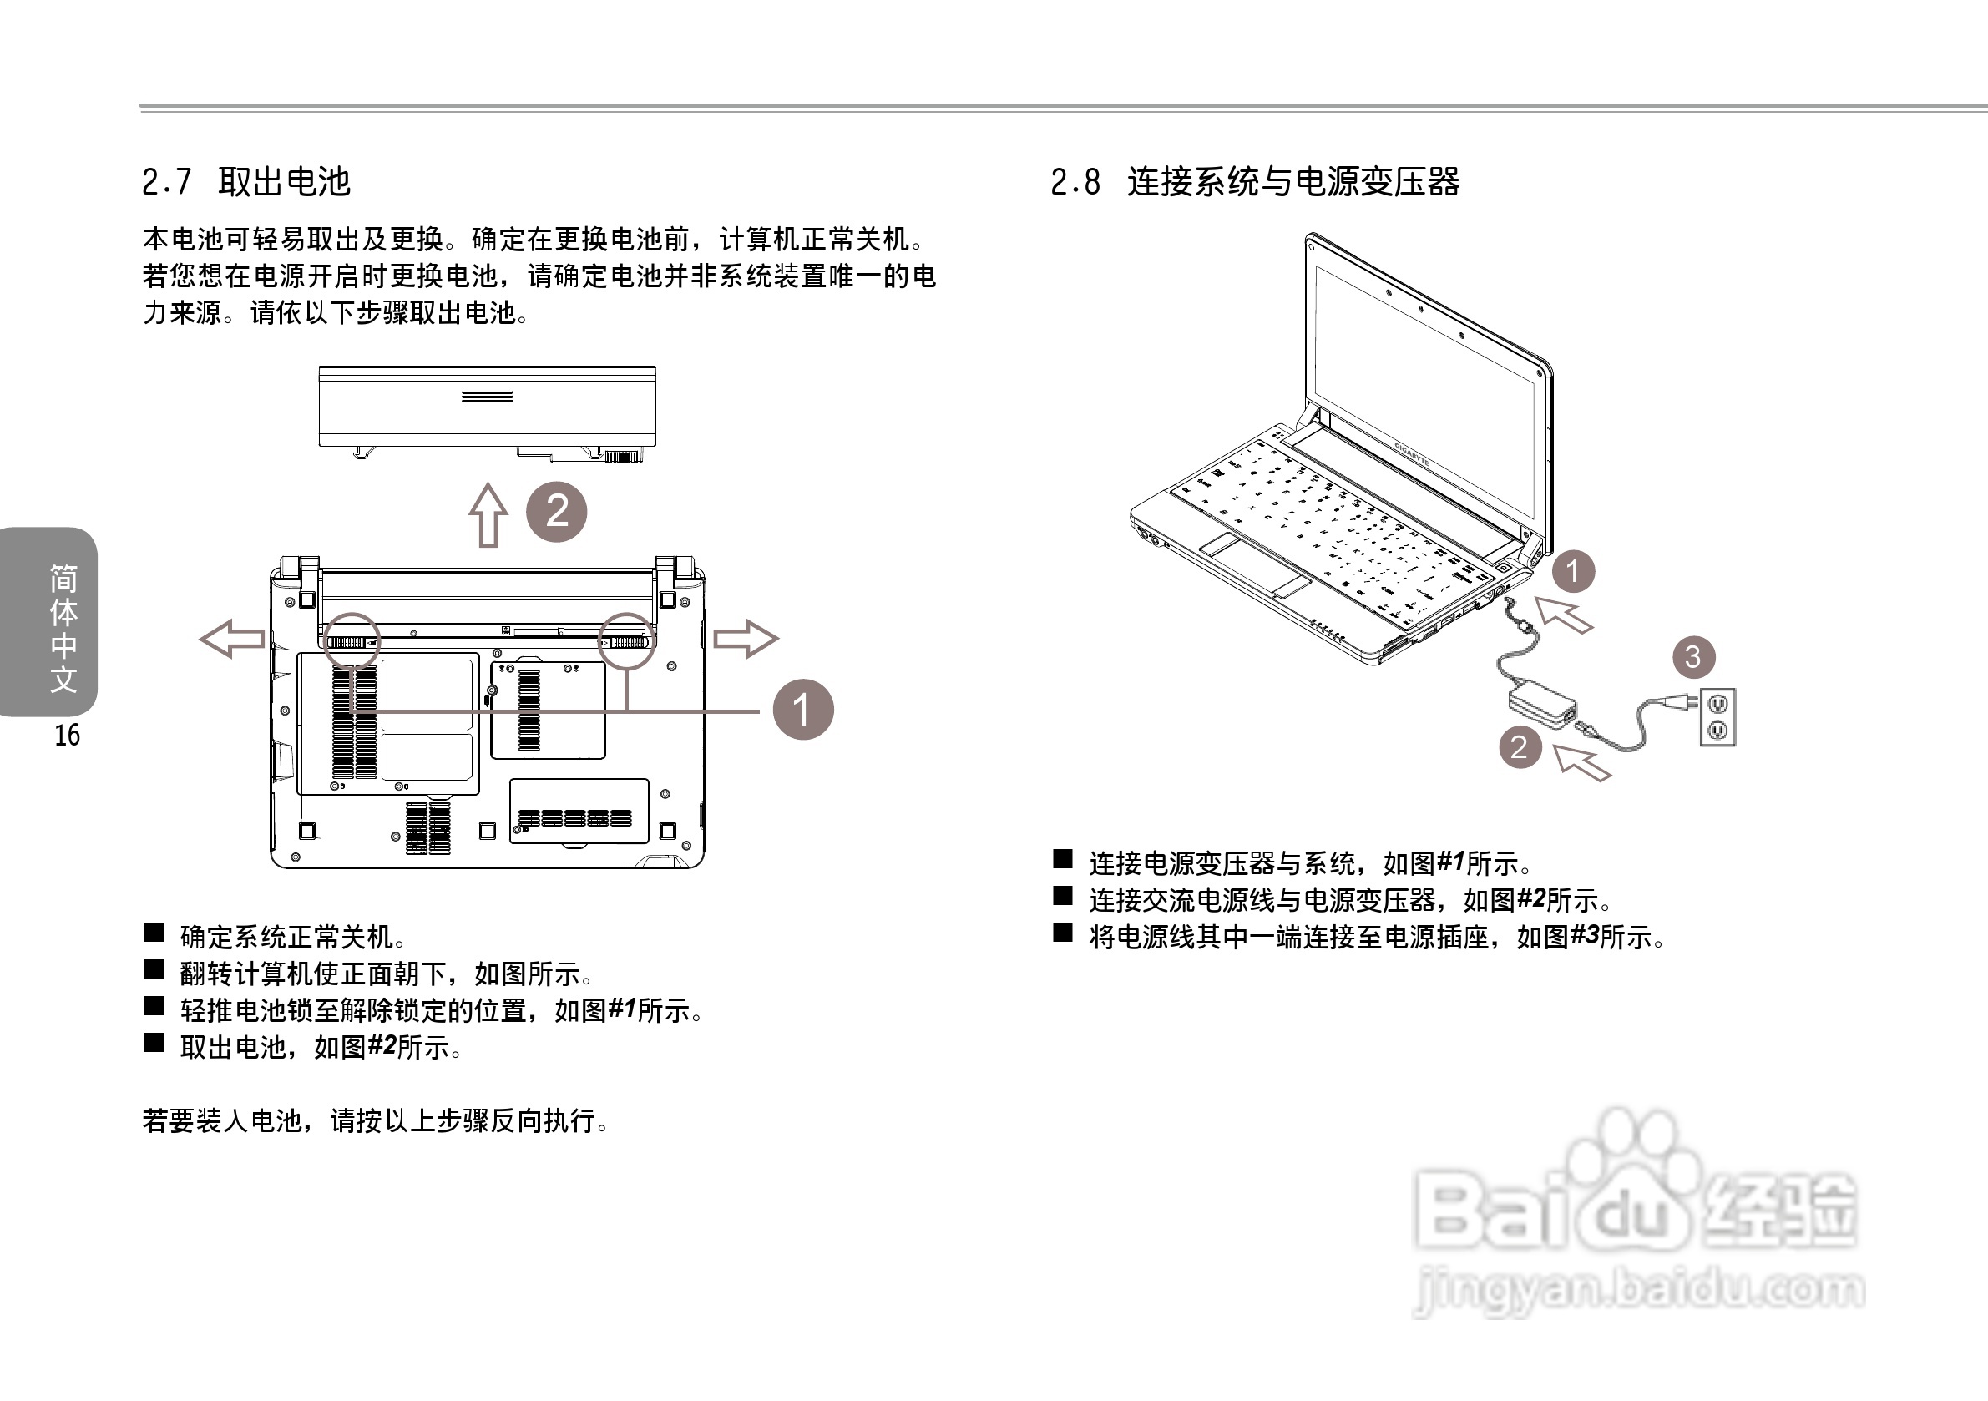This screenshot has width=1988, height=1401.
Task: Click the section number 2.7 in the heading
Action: [x=165, y=183]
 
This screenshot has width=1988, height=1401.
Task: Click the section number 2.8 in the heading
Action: [x=1075, y=183]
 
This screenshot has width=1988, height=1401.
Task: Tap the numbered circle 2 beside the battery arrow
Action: [x=557, y=512]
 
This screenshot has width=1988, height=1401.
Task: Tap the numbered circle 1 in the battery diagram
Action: [x=802, y=709]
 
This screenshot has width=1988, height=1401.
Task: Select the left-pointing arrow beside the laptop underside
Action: [x=232, y=639]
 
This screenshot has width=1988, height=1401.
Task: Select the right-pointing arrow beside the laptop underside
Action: [x=746, y=639]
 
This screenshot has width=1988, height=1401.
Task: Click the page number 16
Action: [x=67, y=736]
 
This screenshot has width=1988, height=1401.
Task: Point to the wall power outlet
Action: [x=1717, y=717]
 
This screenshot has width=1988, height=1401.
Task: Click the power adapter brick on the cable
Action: [x=1542, y=705]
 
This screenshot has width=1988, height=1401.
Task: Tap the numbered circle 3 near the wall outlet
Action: [x=1692, y=657]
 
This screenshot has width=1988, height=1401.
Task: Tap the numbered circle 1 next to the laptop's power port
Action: [x=1572, y=571]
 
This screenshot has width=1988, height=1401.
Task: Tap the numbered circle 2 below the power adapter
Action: [x=1520, y=747]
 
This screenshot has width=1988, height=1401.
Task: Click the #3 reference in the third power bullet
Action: [x=1584, y=936]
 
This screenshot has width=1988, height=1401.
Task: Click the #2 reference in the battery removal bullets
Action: [x=382, y=1046]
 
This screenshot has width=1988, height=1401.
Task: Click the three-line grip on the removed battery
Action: [x=487, y=397]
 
